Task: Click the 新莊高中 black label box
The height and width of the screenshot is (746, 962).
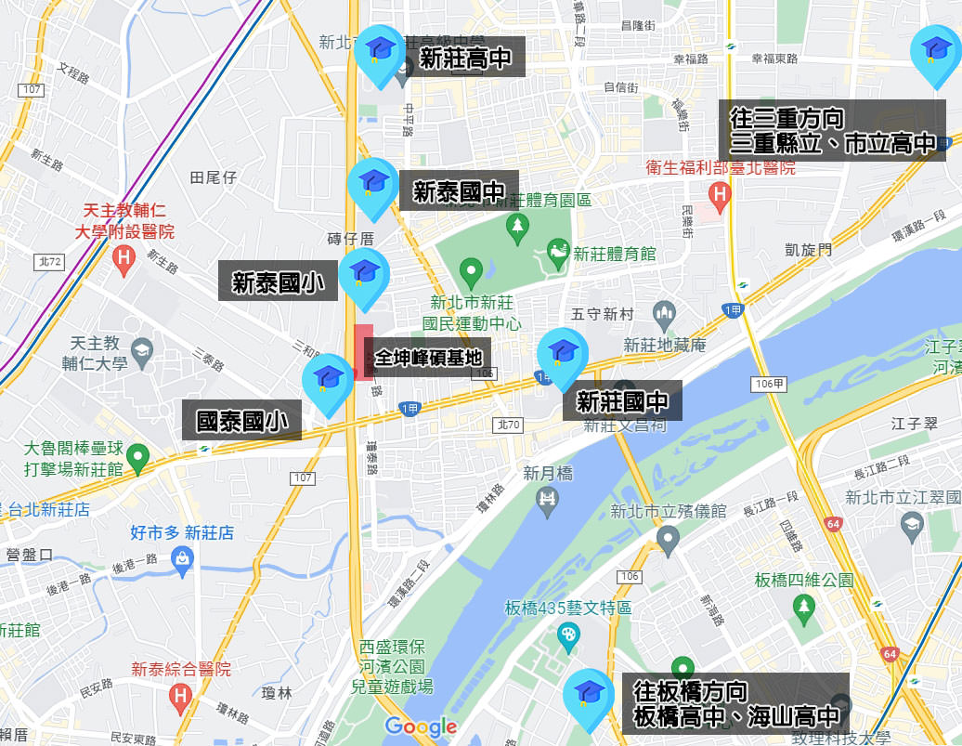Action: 465,58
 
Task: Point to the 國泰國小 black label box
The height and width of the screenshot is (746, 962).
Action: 241,421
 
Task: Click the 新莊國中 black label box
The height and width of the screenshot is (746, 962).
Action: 622,401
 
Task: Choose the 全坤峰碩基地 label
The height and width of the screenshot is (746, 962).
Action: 428,357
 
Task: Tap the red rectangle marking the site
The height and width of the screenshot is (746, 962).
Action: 363,352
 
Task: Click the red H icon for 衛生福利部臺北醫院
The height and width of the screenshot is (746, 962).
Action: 718,195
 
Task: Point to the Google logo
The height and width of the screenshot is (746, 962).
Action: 421,726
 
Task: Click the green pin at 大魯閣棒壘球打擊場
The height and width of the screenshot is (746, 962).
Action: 138,456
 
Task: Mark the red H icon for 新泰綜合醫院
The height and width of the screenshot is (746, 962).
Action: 181,695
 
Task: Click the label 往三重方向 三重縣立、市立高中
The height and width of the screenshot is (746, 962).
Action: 832,131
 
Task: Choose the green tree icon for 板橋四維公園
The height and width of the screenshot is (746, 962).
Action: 803,606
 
